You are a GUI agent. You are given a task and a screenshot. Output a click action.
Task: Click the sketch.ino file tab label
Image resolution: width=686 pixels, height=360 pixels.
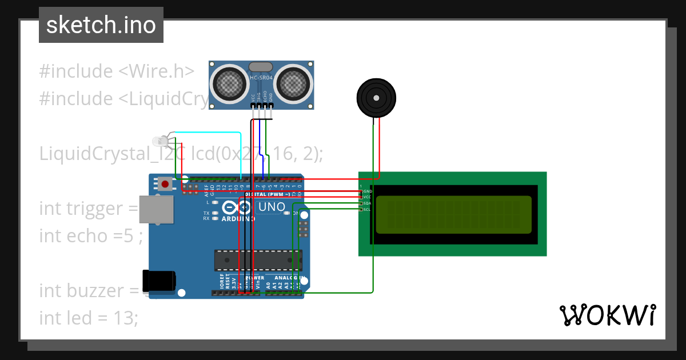pos(101,25)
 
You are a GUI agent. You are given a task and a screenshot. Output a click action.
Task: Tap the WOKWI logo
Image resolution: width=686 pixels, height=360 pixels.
pos(607,315)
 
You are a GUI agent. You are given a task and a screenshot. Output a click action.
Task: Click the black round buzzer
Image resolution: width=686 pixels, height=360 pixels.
pos(376,98)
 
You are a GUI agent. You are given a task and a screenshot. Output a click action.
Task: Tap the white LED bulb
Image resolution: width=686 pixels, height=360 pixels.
pos(159,141)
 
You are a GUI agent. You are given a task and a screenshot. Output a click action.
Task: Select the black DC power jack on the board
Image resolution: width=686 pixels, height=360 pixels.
pos(158,281)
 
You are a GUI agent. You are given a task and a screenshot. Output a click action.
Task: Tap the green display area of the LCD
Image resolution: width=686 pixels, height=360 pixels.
pos(453,215)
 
